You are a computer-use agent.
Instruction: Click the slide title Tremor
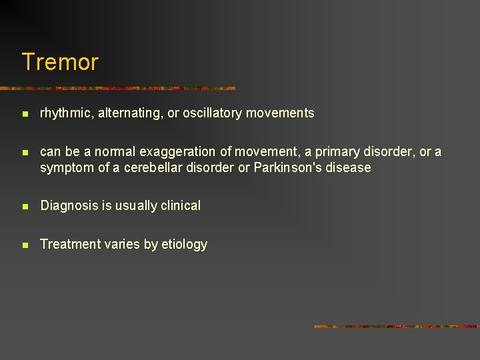point(60,62)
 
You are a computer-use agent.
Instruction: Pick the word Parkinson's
point(286,167)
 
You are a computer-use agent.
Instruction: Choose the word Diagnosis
point(69,205)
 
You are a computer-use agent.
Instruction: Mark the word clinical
point(178,205)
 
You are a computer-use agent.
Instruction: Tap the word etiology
point(185,244)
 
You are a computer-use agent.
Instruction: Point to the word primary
point(330,152)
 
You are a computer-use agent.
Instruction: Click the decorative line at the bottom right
point(396,326)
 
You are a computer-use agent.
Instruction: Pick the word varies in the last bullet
point(121,244)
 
